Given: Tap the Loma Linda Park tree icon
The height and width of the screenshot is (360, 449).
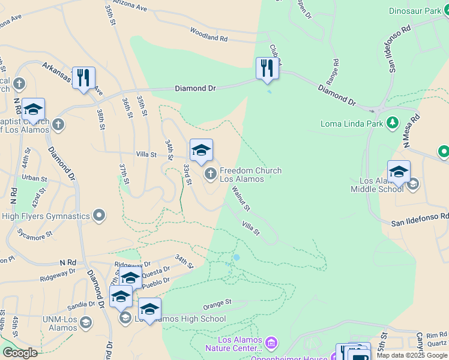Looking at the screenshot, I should [x=393, y=123].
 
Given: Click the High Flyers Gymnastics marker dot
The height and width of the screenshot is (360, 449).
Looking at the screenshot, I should [x=100, y=215].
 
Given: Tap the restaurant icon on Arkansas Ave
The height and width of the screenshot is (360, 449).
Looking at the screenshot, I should [x=83, y=77].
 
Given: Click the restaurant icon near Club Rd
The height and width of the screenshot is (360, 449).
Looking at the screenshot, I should [x=267, y=68].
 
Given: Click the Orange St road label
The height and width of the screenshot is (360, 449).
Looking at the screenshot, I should [x=217, y=302].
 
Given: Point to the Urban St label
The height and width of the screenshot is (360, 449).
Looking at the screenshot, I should [x=34, y=178].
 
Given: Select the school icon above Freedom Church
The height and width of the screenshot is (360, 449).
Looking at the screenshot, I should [x=201, y=150].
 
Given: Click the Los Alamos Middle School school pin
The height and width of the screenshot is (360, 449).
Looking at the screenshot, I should [x=399, y=172].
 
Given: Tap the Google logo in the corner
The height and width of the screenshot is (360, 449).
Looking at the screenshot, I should [x=19, y=352].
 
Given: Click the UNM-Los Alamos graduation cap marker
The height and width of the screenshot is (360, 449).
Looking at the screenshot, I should [x=86, y=323].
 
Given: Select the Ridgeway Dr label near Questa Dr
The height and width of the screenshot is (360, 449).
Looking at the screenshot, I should [x=132, y=264].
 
